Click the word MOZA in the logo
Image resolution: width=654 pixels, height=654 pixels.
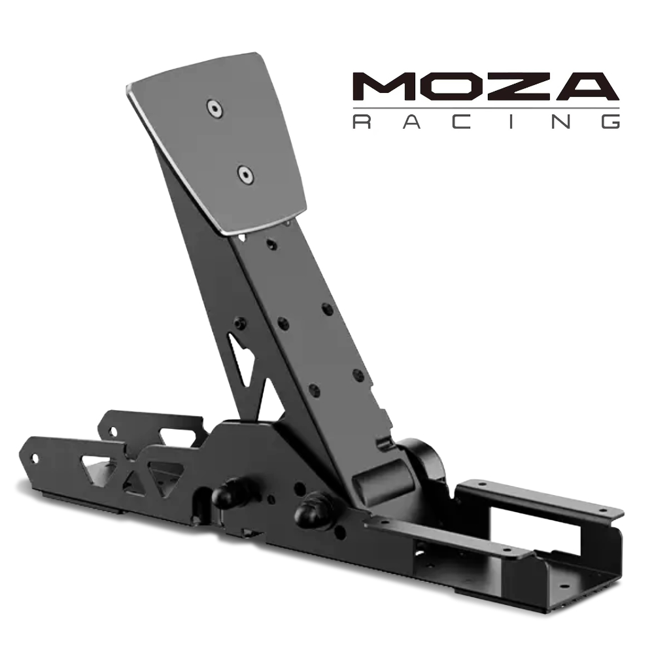pos(486,87)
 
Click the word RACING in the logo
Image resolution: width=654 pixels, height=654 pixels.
pos(487,122)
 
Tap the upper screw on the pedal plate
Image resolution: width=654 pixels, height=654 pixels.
pos(215,109)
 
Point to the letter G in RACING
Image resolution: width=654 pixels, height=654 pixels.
pos(611,122)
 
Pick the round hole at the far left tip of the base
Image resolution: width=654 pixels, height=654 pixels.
pos(35,459)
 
